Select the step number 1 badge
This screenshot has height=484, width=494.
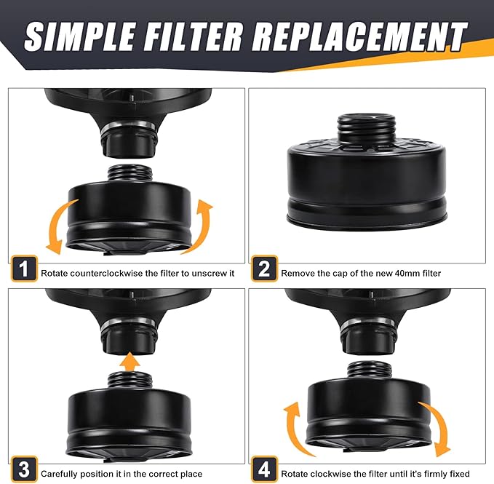tap(24, 269)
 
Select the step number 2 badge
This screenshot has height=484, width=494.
tap(264, 269)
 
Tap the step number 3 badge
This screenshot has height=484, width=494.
tap(24, 469)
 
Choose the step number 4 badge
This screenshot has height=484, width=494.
tap(264, 469)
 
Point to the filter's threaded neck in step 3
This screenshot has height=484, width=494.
tap(130, 381)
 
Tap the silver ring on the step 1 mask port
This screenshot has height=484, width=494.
tap(130, 127)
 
